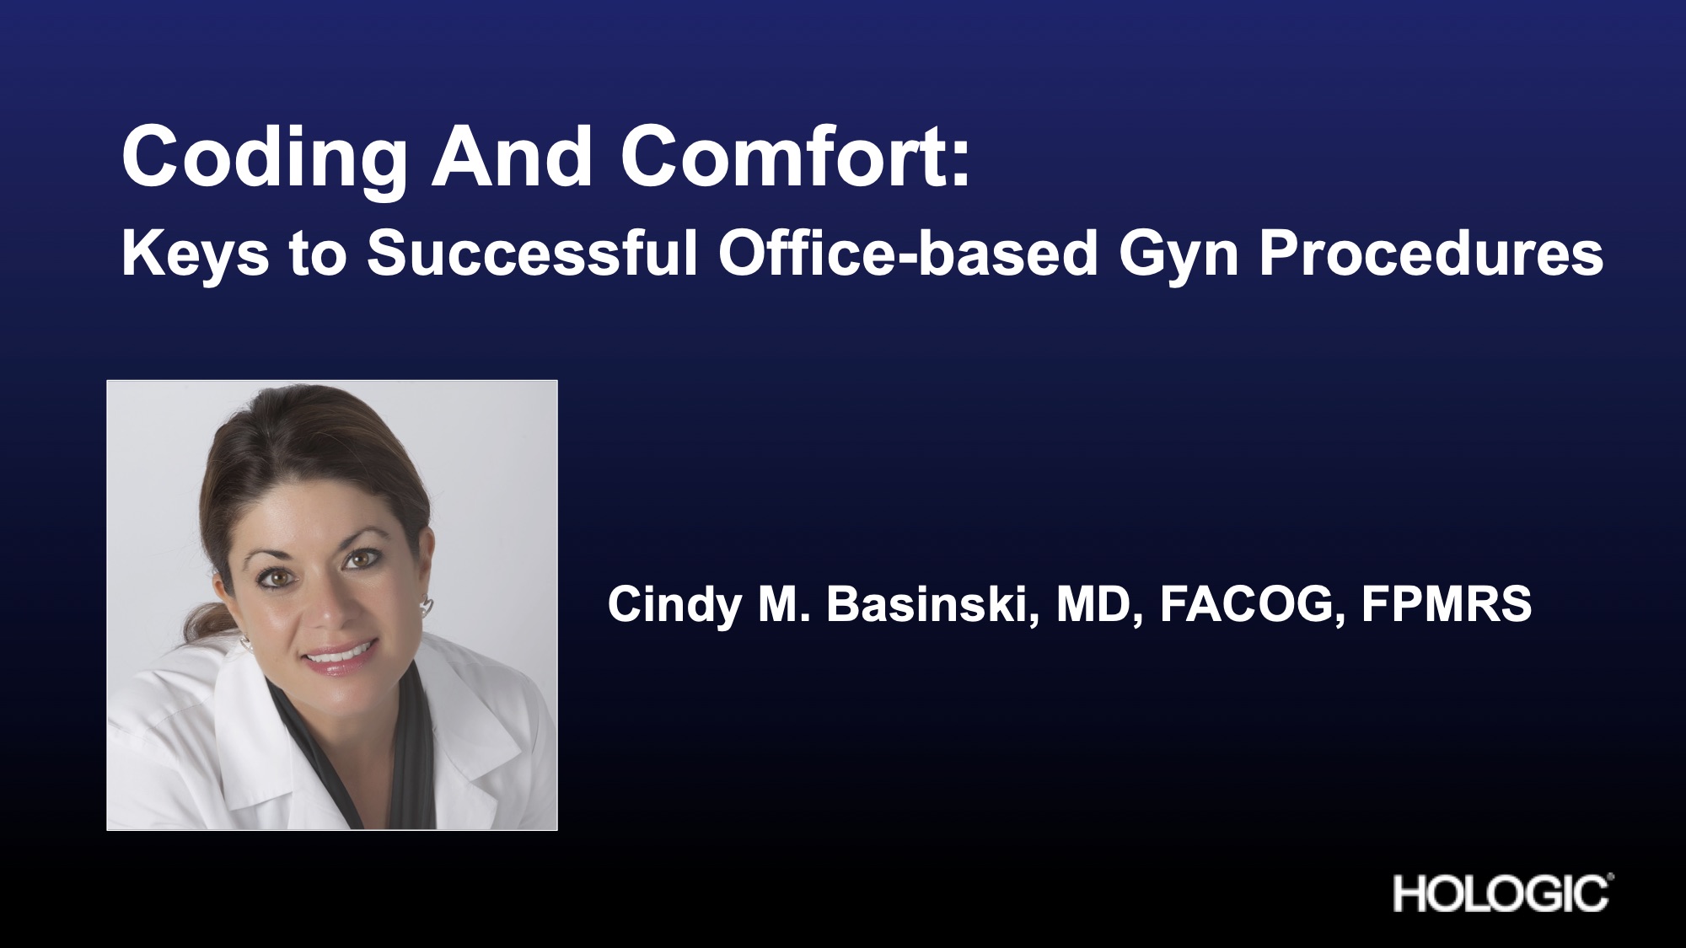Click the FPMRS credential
(1446, 604)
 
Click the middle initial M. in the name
(784, 605)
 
